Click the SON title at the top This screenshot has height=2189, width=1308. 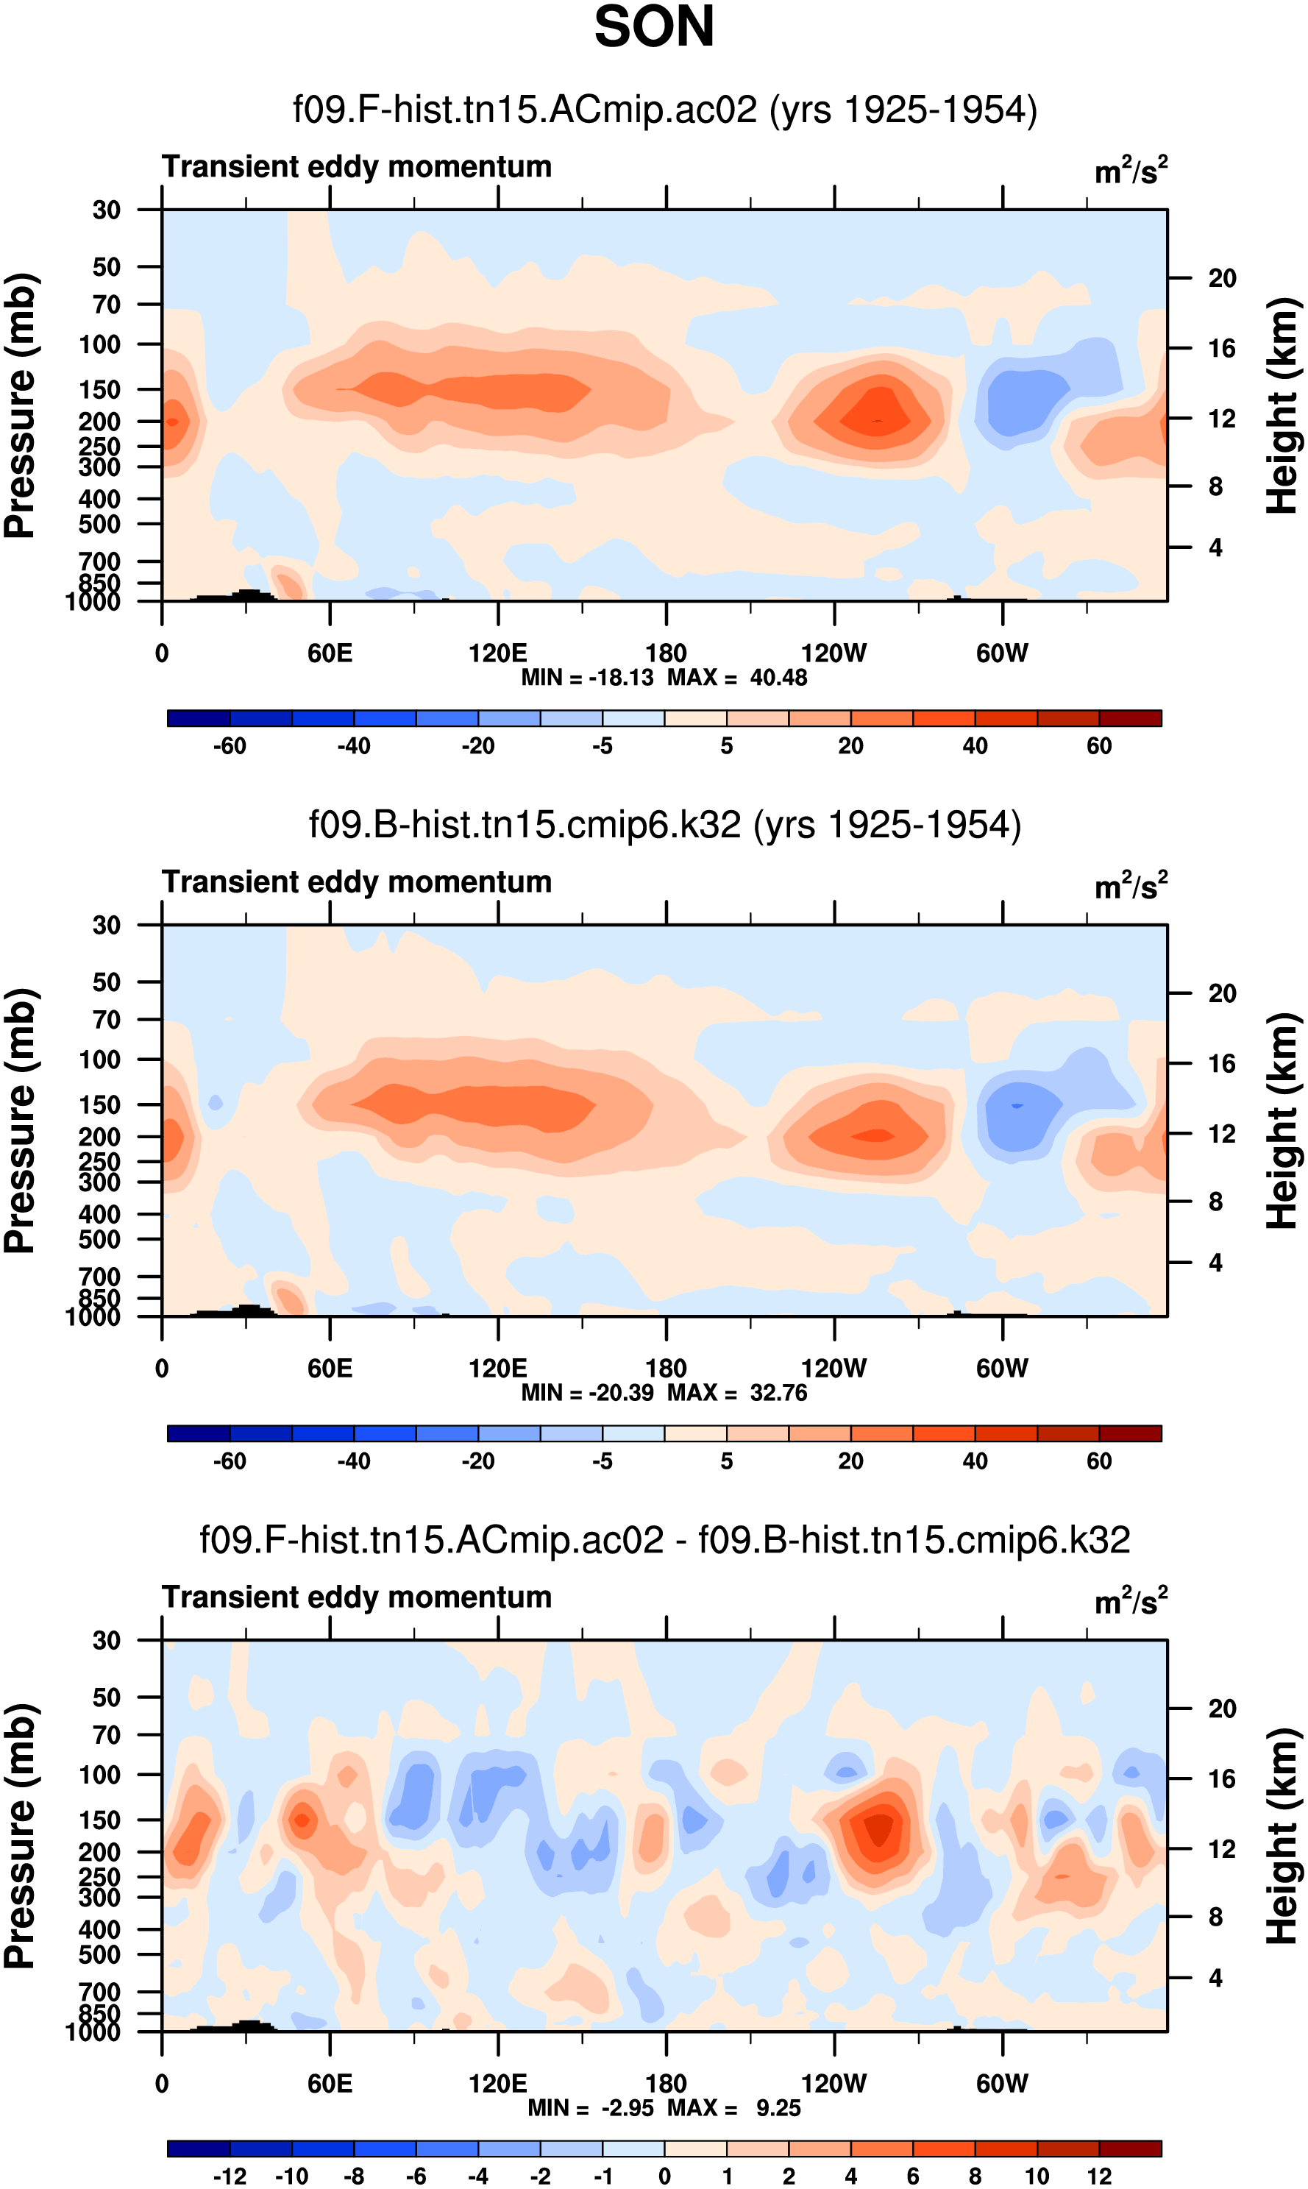[654, 26]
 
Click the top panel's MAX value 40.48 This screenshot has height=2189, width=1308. [778, 677]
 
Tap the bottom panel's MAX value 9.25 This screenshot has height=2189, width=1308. [778, 2108]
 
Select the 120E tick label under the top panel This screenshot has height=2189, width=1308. [498, 653]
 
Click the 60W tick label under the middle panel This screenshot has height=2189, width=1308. [1002, 1369]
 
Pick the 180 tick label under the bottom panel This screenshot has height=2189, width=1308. [666, 2083]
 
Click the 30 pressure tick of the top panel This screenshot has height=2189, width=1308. [107, 210]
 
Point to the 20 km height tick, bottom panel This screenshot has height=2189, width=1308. [1222, 1709]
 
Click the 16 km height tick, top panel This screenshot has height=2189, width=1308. [1222, 348]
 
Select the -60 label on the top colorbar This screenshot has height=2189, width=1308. [230, 746]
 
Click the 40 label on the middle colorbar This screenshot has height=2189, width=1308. [975, 1461]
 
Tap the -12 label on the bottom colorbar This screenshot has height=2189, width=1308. [230, 2176]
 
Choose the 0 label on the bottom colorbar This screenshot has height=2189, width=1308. [664, 2176]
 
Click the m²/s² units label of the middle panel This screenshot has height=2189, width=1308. [1131, 886]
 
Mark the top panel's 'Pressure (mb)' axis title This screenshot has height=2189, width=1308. [19, 405]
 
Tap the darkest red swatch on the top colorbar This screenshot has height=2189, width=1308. [1130, 717]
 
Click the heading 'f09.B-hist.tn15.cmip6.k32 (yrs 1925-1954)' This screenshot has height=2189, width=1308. [664, 825]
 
